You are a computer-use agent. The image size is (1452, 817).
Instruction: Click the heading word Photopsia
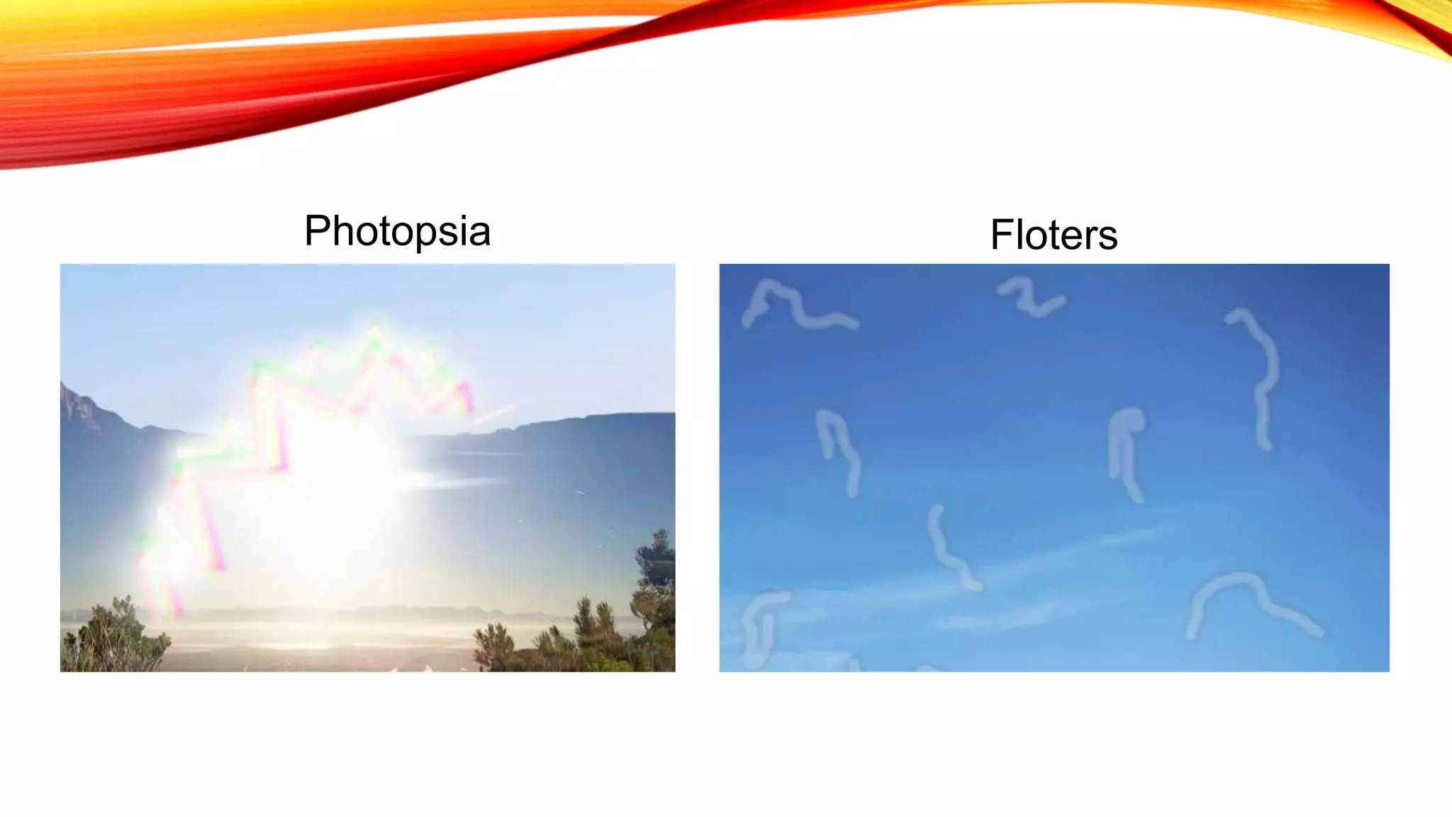(397, 231)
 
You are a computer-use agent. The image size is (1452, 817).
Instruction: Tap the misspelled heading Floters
(1054, 235)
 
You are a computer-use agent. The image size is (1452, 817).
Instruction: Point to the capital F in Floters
(1001, 235)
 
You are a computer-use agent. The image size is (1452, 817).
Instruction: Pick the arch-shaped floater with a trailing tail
(1248, 603)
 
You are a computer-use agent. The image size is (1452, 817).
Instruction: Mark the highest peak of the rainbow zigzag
(375, 333)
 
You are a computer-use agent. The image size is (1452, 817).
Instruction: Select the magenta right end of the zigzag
(466, 397)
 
